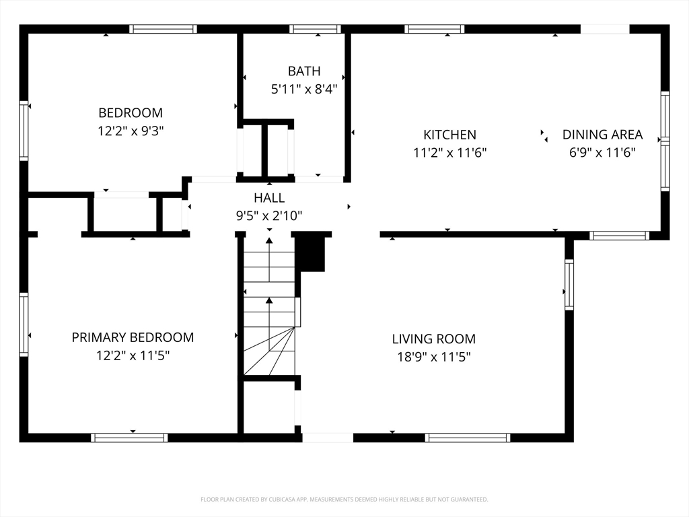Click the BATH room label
pyautogui.click(x=304, y=71)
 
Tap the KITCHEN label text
pyautogui.click(x=449, y=135)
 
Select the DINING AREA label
pyautogui.click(x=602, y=135)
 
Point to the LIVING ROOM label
pyautogui.click(x=434, y=339)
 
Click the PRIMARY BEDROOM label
pyautogui.click(x=133, y=337)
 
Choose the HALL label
pyautogui.click(x=269, y=198)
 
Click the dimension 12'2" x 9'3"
pyautogui.click(x=131, y=131)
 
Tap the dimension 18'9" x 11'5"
pyautogui.click(x=434, y=357)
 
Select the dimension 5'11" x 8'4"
pyautogui.click(x=304, y=90)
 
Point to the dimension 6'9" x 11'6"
pyautogui.click(x=602, y=153)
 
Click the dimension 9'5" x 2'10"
pyautogui.click(x=269, y=215)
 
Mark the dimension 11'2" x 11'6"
pyautogui.click(x=449, y=153)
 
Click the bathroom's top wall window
pyautogui.click(x=315, y=29)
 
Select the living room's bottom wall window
pyautogui.click(x=468, y=438)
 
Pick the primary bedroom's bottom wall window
pyautogui.click(x=129, y=438)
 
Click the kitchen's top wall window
pyautogui.click(x=434, y=29)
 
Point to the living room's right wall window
pyautogui.click(x=569, y=285)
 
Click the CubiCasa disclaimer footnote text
pyautogui.click(x=344, y=499)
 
